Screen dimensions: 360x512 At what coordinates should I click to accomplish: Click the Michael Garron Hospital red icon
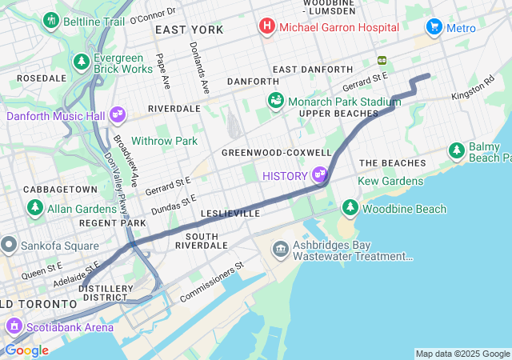point(266,27)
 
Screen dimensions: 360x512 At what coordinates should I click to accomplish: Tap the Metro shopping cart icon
point(434,27)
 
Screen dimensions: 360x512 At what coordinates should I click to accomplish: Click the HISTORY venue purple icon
point(320,174)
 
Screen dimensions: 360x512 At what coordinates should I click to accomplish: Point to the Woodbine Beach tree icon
point(350,208)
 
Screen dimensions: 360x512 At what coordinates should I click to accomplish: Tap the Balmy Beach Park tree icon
point(456,150)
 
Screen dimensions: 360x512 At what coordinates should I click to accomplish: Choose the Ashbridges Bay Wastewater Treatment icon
point(281,250)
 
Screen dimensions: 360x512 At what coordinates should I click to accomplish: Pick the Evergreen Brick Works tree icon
point(81,62)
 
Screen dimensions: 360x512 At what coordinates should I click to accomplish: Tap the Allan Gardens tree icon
point(35,208)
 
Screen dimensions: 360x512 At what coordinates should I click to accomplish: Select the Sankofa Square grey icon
point(9,242)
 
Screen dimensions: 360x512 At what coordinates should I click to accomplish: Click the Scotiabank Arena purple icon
point(14,326)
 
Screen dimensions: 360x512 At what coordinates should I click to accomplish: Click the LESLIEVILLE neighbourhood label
point(230,214)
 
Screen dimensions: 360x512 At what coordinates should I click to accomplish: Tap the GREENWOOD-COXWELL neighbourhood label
point(276,152)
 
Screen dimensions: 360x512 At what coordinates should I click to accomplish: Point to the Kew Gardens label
point(390,182)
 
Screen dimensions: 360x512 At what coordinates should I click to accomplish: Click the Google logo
point(26,350)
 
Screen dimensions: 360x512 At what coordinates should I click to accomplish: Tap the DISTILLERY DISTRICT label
point(106,293)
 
